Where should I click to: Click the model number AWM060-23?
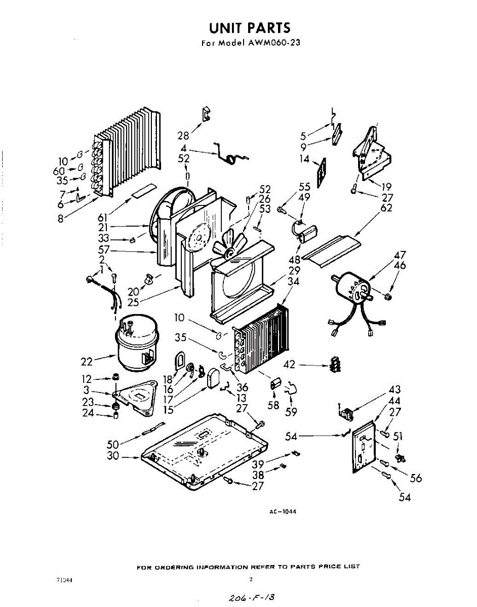coord(273,43)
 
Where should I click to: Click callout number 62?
coord(386,208)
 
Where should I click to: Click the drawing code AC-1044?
coord(282,512)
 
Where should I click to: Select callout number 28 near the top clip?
coord(183,135)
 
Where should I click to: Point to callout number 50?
coord(112,444)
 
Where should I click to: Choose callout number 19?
coord(386,186)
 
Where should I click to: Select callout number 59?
coord(291,412)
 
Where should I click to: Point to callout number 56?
coord(416,478)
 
